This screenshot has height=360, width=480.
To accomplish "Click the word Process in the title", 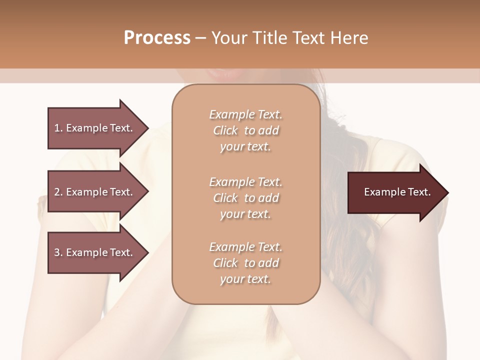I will pos(157,38).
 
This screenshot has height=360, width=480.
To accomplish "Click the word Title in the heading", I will pos(268,38).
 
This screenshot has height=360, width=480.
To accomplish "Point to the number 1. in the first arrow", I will pos(58,128).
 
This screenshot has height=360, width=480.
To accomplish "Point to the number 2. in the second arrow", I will pos(58,192).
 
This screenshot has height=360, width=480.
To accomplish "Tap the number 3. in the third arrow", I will pos(58,252).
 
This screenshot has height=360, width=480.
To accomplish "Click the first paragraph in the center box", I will pos(245,130).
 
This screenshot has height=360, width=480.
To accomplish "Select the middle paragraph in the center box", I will pos(245,198).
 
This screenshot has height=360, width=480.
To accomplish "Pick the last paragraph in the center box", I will pos(245,263).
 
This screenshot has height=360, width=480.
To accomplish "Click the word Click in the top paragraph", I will pos(225,130).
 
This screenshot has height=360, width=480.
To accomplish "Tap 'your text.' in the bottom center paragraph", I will pos(245,279).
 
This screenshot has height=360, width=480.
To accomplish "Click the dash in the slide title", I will pos(200,38).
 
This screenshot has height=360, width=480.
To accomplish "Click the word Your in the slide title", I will pos(228,38).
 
